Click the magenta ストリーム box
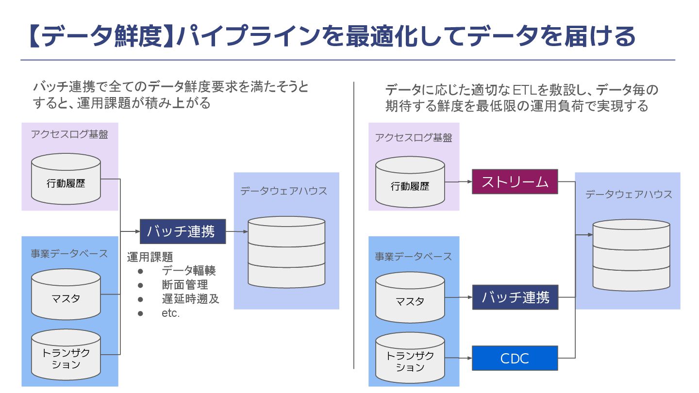515,182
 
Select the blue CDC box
515,359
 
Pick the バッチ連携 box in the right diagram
515,297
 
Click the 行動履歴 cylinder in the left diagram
66,184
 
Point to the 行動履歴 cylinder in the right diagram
410,186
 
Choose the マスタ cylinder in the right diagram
410,301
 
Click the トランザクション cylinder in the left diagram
66,359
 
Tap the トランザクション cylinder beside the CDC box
410,361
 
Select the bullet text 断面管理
185,285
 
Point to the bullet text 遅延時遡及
190,299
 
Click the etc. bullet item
171,313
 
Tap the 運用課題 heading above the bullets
150,256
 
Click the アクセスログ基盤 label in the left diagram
69,134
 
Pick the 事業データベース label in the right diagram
413,256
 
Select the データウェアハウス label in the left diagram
284,191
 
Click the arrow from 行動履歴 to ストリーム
458,182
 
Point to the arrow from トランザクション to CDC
458,359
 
